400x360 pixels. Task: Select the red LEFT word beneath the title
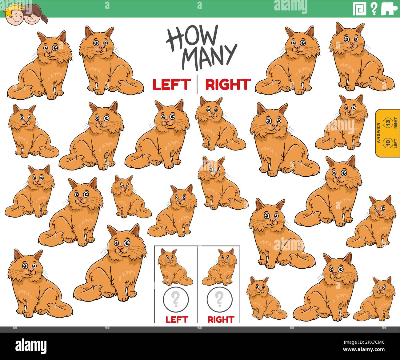coord(171,85)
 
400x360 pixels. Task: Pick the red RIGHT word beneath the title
coord(228,85)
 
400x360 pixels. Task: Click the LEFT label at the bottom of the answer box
coord(177,319)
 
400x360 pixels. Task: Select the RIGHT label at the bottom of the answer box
coord(220,319)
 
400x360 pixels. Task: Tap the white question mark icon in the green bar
coord(374,9)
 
